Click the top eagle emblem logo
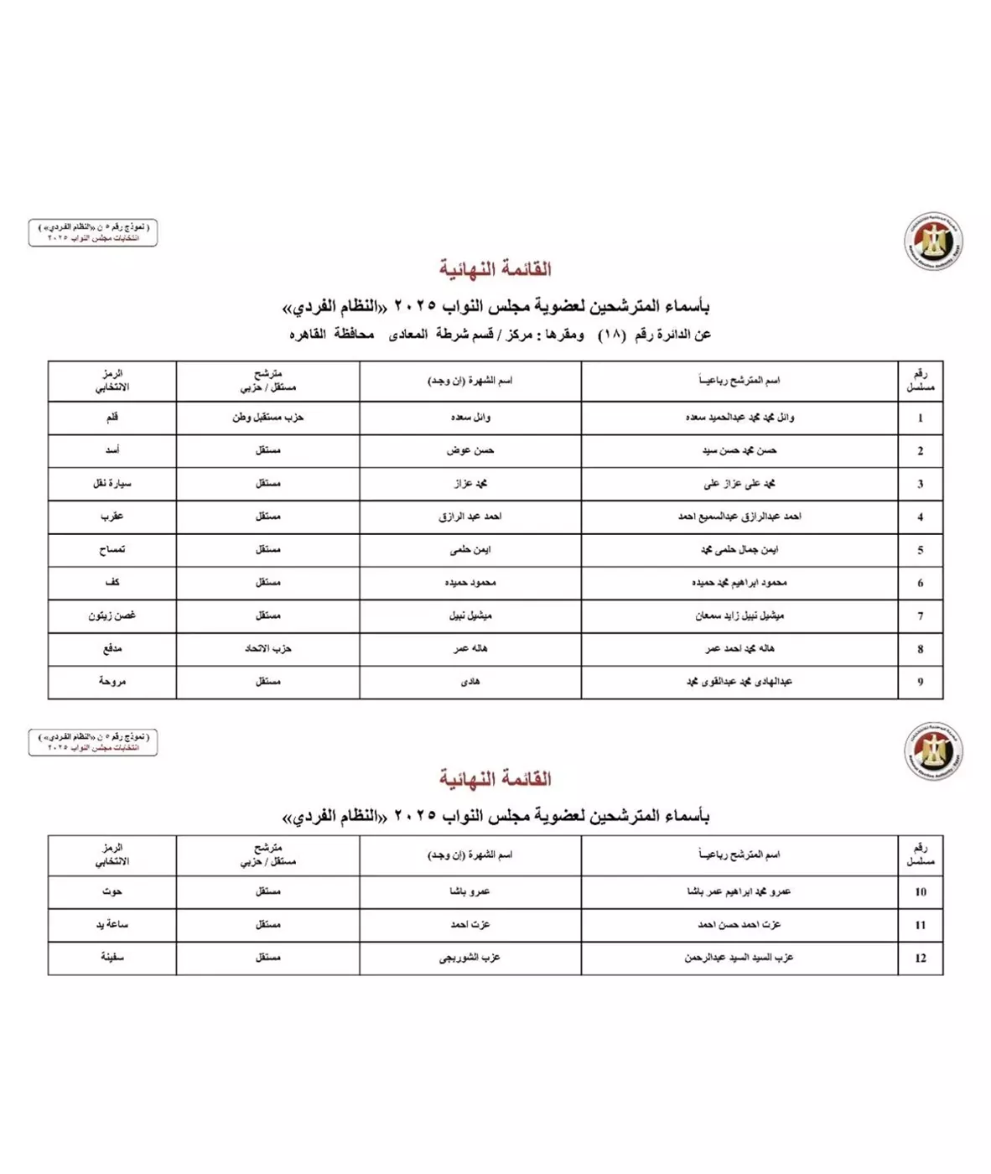click(x=933, y=242)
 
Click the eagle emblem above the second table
click(x=933, y=751)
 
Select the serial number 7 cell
click(x=920, y=616)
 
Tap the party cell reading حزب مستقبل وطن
click(x=267, y=418)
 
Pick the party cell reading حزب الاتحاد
click(x=267, y=649)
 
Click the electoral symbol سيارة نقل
click(x=112, y=484)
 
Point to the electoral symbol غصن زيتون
click(x=112, y=616)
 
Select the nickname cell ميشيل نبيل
click(x=470, y=616)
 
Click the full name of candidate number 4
click(x=739, y=517)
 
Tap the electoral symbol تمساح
click(x=112, y=550)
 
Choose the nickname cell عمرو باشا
click(x=470, y=892)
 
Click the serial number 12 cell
click(x=920, y=958)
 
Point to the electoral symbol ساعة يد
click(x=112, y=925)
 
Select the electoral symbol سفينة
click(x=112, y=958)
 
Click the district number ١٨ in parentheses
click(x=611, y=335)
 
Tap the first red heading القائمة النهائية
click(x=495, y=269)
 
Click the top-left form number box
click(x=93, y=232)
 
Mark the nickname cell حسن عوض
click(x=470, y=451)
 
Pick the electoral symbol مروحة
click(x=112, y=682)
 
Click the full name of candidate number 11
click(x=739, y=925)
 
